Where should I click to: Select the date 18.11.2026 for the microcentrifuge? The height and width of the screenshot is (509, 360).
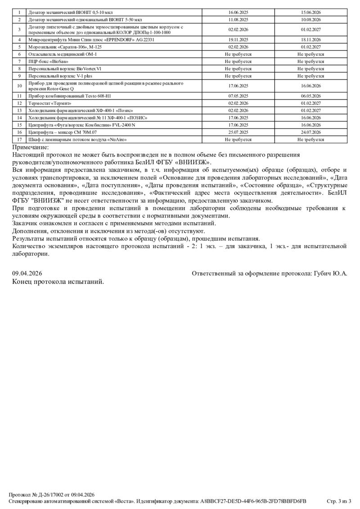pyautogui.click(x=310, y=40)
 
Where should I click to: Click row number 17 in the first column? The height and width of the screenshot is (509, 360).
pyautogui.click(x=19, y=139)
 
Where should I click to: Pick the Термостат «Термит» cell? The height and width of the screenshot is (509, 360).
pyautogui.click(x=46, y=103)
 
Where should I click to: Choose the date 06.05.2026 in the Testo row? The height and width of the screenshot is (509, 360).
pyautogui.click(x=310, y=96)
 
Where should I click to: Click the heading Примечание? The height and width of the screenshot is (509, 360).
pyautogui.click(x=30, y=147)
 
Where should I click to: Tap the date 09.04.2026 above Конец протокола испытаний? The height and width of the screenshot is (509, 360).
pyautogui.click(x=27, y=273)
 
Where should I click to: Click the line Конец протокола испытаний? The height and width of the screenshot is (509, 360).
pyautogui.click(x=58, y=281)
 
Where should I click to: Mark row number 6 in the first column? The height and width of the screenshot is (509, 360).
pyautogui.click(x=19, y=54)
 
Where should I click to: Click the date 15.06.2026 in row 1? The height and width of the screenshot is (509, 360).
pyautogui.click(x=310, y=13)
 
